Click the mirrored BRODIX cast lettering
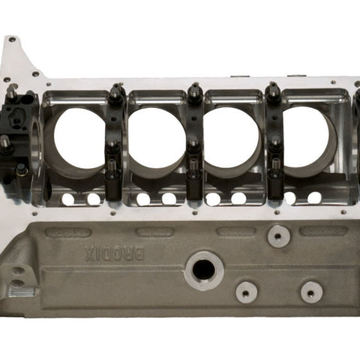tap(114, 253)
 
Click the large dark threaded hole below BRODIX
tap(204, 271)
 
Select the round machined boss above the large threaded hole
tap(279, 236)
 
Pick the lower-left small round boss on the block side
tap(247, 292)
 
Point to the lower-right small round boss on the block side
tap(311, 292)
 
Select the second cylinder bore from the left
tap(157, 138)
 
